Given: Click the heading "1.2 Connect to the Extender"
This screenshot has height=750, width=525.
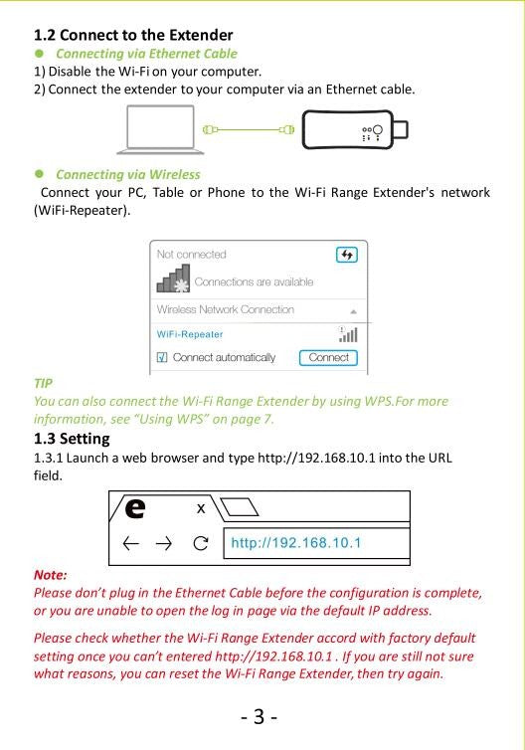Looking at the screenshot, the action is tap(133, 35).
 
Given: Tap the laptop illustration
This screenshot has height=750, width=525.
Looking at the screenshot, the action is tap(161, 129).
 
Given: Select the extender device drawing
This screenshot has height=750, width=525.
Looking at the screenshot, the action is tap(355, 129).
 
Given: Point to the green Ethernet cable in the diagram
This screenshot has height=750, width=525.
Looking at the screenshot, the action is tap(249, 129).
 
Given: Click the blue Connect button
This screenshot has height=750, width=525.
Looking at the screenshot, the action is tap(328, 358).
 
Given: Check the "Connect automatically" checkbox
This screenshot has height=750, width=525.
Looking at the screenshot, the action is tap(162, 357).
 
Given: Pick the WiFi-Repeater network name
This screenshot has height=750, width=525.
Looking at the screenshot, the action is tap(190, 334).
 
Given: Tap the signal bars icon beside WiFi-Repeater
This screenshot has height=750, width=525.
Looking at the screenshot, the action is tap(348, 334).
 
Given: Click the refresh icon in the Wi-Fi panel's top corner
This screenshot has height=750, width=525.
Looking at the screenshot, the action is tap(347, 255).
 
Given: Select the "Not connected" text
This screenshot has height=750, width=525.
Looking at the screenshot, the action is tap(191, 255).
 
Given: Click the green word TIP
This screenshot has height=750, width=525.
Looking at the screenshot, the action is tap(43, 384).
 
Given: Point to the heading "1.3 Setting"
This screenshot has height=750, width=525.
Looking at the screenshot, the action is tap(72, 439).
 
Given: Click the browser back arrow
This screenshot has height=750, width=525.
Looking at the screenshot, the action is tap(131, 543).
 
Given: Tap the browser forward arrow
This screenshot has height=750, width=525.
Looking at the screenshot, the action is tap(164, 543).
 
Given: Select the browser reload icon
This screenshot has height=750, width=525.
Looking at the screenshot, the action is tap(201, 543).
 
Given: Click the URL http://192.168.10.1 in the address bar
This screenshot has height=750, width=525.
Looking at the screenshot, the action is tap(296, 543).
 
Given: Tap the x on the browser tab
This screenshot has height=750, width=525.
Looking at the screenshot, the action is tap(201, 508).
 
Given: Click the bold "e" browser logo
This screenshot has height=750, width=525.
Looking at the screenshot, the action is tap(135, 508).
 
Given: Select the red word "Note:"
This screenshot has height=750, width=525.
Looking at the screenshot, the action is tap(50, 575).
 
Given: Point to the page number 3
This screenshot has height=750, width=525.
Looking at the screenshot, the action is tap(259, 716).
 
